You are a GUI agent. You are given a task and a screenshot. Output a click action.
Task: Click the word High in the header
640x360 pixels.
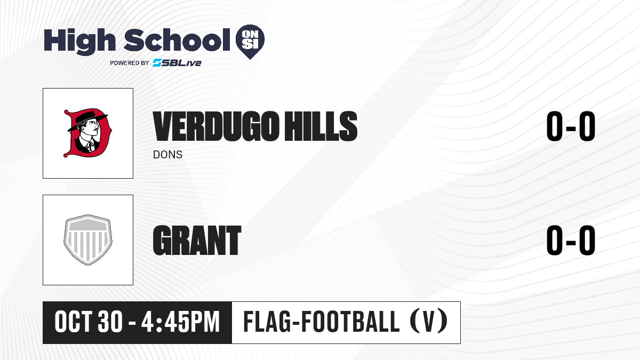click(79, 41)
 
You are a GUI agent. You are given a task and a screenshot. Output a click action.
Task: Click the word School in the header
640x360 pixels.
click(177, 39)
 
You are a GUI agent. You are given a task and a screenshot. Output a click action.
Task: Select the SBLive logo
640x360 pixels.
click(177, 63)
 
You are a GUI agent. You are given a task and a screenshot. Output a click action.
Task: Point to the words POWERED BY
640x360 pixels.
click(130, 63)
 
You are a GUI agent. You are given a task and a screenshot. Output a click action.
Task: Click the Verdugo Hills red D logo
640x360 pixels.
click(87, 133)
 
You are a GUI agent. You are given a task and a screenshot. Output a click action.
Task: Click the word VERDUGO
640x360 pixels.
click(215, 126)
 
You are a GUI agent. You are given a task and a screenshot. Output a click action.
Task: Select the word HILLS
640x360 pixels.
click(321, 126)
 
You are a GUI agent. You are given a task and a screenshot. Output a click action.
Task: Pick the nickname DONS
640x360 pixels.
click(167, 155)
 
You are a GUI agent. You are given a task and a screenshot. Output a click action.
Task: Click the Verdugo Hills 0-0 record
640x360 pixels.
click(571, 126)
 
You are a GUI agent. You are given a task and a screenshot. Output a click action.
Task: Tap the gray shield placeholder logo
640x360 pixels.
click(87, 240)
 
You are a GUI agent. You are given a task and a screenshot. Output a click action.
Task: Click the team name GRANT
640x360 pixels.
click(197, 240)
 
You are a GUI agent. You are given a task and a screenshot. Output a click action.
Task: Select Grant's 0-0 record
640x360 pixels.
click(571, 240)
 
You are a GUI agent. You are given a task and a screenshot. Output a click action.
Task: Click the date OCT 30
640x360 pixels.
click(89, 322)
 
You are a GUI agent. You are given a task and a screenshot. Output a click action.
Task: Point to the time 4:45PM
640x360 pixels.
click(181, 322)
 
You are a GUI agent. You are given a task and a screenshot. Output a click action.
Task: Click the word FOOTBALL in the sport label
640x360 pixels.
click(351, 322)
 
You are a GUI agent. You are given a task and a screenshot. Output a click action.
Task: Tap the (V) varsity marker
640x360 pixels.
click(429, 322)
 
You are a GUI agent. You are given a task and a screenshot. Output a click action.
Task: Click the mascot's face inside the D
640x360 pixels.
click(91, 130)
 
